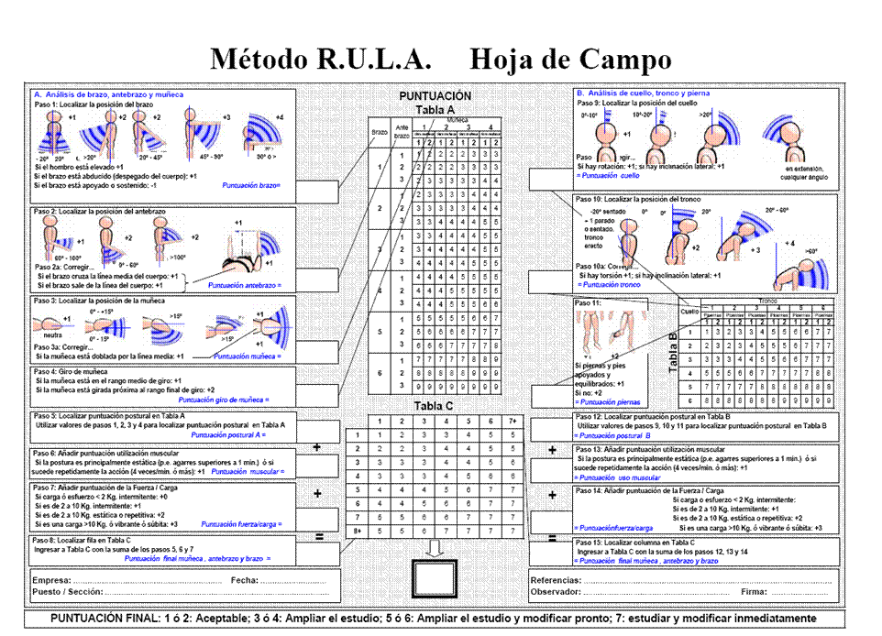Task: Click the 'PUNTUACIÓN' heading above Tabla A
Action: [x=436, y=95]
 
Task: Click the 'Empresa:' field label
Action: [x=50, y=581]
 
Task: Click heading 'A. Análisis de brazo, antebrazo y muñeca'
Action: [x=108, y=94]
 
